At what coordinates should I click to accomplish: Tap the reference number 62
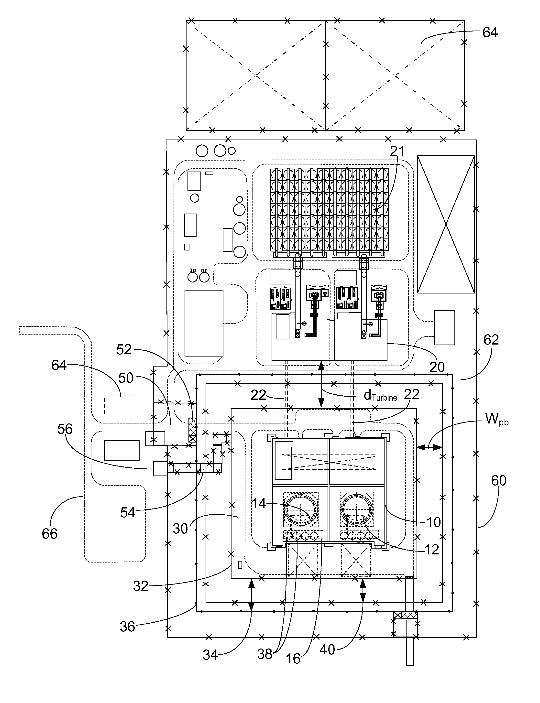[x=491, y=340]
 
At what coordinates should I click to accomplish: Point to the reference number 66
[x=49, y=534]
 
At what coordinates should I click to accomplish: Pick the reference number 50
[x=126, y=378]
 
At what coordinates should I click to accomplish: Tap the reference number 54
[x=128, y=512]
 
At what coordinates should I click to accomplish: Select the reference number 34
[x=210, y=655]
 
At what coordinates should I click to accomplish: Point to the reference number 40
[x=327, y=650]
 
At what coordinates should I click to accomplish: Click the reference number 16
[x=293, y=659]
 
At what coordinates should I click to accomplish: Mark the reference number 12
[x=431, y=550]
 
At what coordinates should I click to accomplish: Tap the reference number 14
[x=259, y=503]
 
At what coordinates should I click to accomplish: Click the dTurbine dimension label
[x=380, y=396]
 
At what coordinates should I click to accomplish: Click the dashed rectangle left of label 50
[x=121, y=406]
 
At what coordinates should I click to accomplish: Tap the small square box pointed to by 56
[x=160, y=468]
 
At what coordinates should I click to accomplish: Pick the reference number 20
[x=437, y=367]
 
